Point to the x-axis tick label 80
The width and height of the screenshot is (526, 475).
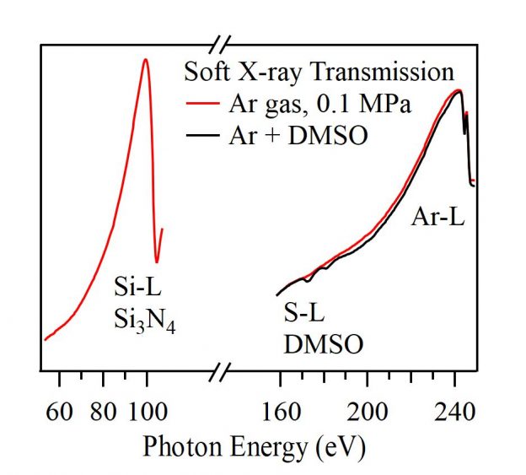tap(103, 412)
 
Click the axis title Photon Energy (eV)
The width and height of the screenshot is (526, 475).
tap(255, 445)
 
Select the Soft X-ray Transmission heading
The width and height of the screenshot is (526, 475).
tap(319, 71)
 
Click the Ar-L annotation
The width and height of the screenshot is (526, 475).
tap(437, 219)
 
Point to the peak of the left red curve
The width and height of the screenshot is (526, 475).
tap(146, 59)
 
